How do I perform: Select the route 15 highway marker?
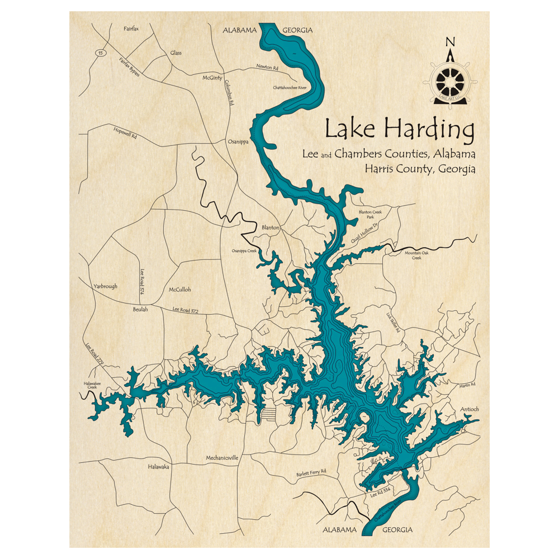pyautogui.click(x=100, y=53)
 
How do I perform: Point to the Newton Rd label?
pyautogui.click(x=267, y=67)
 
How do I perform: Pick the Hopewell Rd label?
pyautogui.click(x=125, y=132)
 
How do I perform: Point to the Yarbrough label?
pyautogui.click(x=105, y=286)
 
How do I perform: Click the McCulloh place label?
pyautogui.click(x=179, y=290)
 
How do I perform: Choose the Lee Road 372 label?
pyautogui.click(x=185, y=309)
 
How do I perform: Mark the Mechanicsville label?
pyautogui.click(x=222, y=457)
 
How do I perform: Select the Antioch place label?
pyautogui.click(x=469, y=409)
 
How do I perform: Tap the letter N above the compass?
pyautogui.click(x=449, y=42)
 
